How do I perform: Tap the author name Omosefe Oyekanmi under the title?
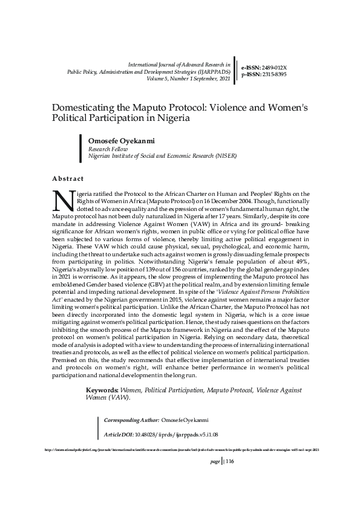point(121,141)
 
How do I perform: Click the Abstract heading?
point(68,178)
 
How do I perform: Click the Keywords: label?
point(102,391)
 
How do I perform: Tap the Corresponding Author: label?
point(131,419)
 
